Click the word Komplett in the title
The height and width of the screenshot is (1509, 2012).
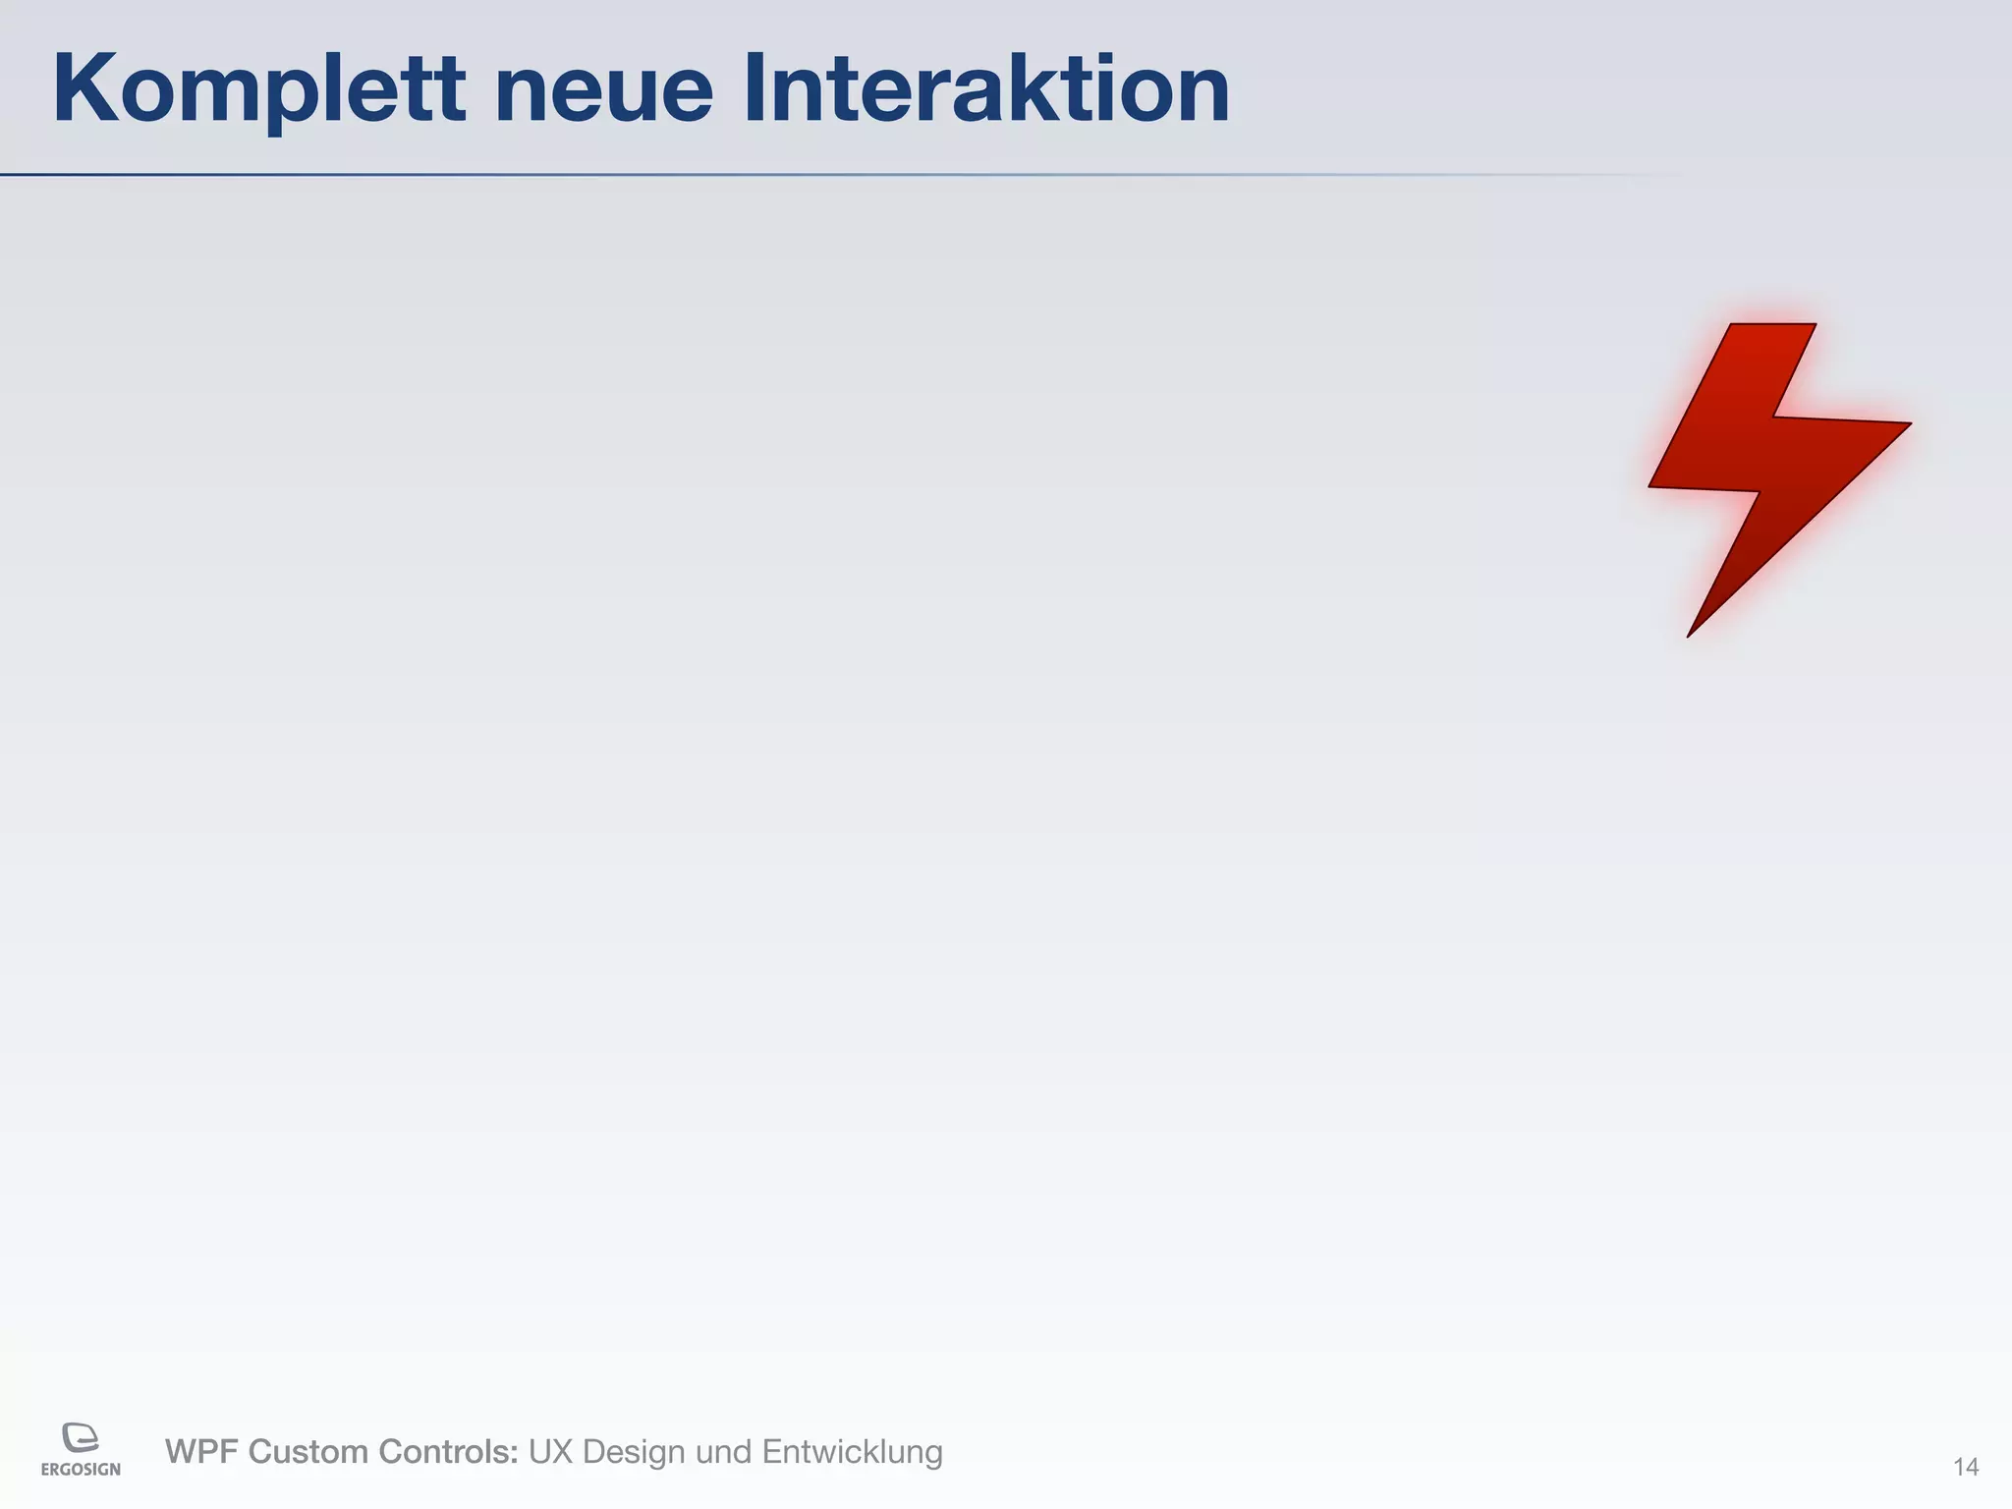tap(258, 91)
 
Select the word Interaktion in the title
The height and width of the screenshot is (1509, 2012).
tap(985, 89)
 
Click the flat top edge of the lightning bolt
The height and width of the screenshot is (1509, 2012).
tap(1772, 325)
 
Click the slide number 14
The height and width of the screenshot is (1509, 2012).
tap(1965, 1467)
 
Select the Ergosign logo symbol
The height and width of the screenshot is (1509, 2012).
tap(81, 1437)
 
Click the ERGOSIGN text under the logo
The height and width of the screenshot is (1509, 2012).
tap(81, 1470)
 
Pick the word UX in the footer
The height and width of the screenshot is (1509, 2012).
tap(551, 1452)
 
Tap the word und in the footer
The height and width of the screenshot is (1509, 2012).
tap(723, 1452)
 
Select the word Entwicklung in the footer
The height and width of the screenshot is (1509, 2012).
tap(852, 1452)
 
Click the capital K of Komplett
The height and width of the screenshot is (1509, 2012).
tap(85, 89)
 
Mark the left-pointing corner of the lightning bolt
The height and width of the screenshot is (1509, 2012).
tap(1652, 485)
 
